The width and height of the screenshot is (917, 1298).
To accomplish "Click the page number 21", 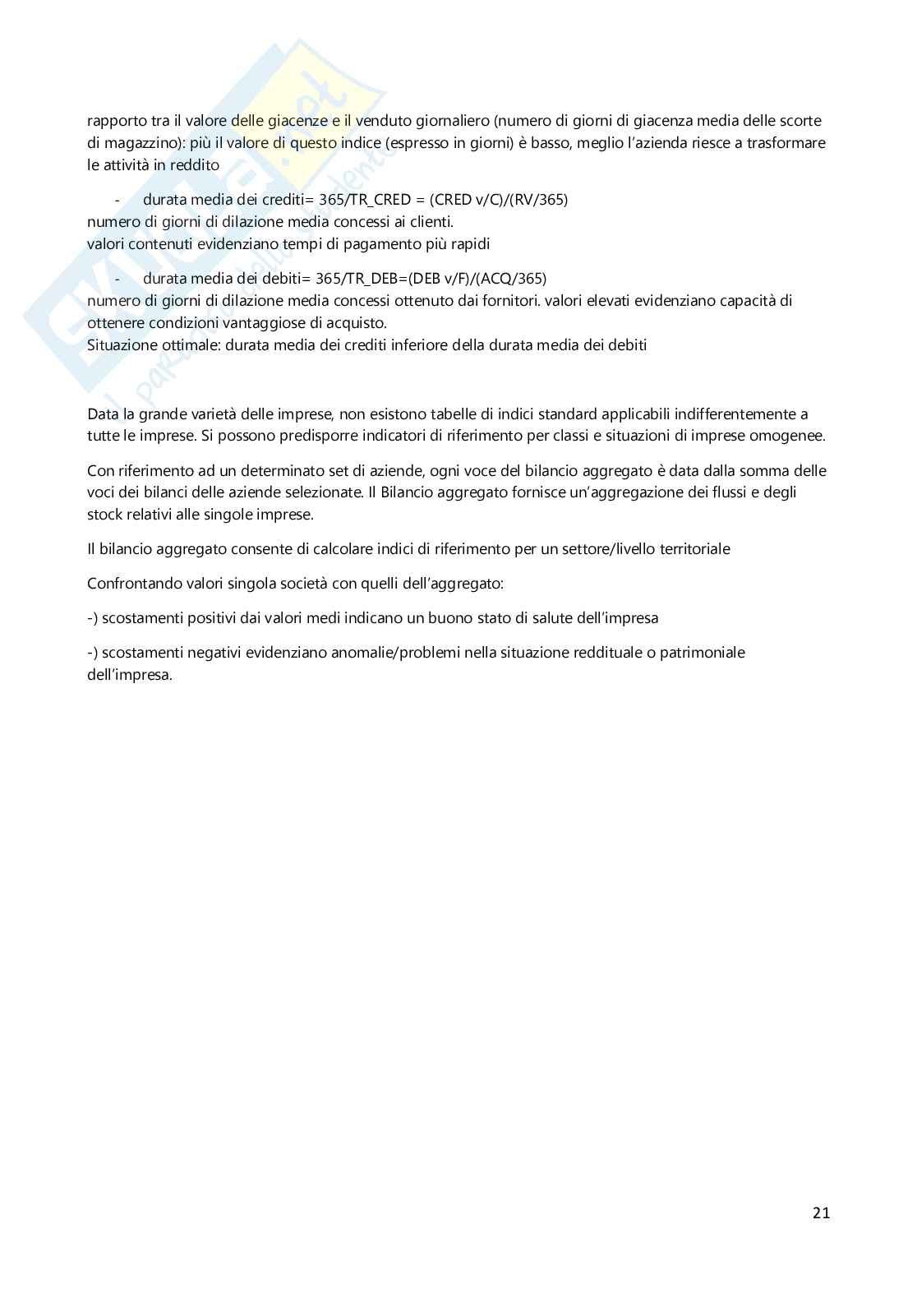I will (821, 1213).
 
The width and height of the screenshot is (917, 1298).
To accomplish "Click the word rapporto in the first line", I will (113, 121).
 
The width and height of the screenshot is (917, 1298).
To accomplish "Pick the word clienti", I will (430, 222).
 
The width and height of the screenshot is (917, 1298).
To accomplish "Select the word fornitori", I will (507, 301).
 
